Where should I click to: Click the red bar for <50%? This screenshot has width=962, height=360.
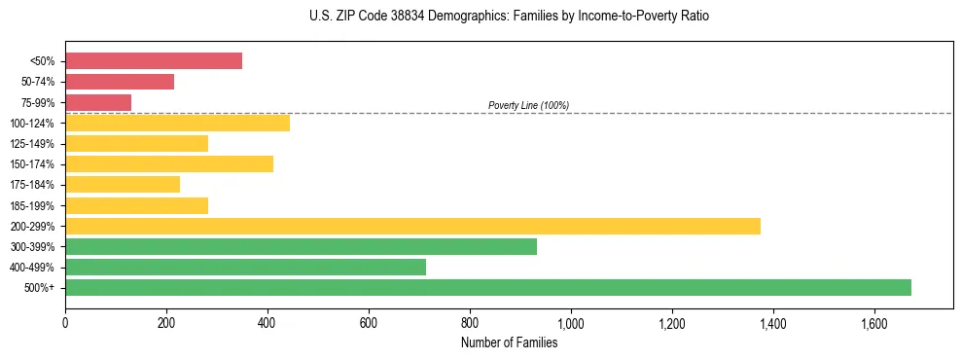pos(154,61)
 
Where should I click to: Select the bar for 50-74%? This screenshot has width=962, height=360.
pos(120,82)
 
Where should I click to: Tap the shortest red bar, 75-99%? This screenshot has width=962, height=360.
pos(98,102)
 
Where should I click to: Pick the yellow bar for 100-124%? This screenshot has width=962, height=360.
pos(177,123)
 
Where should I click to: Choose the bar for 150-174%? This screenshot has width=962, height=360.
pos(169,163)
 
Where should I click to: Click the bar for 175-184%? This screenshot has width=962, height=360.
pos(123,184)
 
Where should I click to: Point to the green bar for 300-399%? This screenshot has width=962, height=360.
pos(301,246)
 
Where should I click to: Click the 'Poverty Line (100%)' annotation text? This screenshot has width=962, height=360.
pos(528,105)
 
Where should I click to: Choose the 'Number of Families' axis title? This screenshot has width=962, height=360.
pos(509,342)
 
